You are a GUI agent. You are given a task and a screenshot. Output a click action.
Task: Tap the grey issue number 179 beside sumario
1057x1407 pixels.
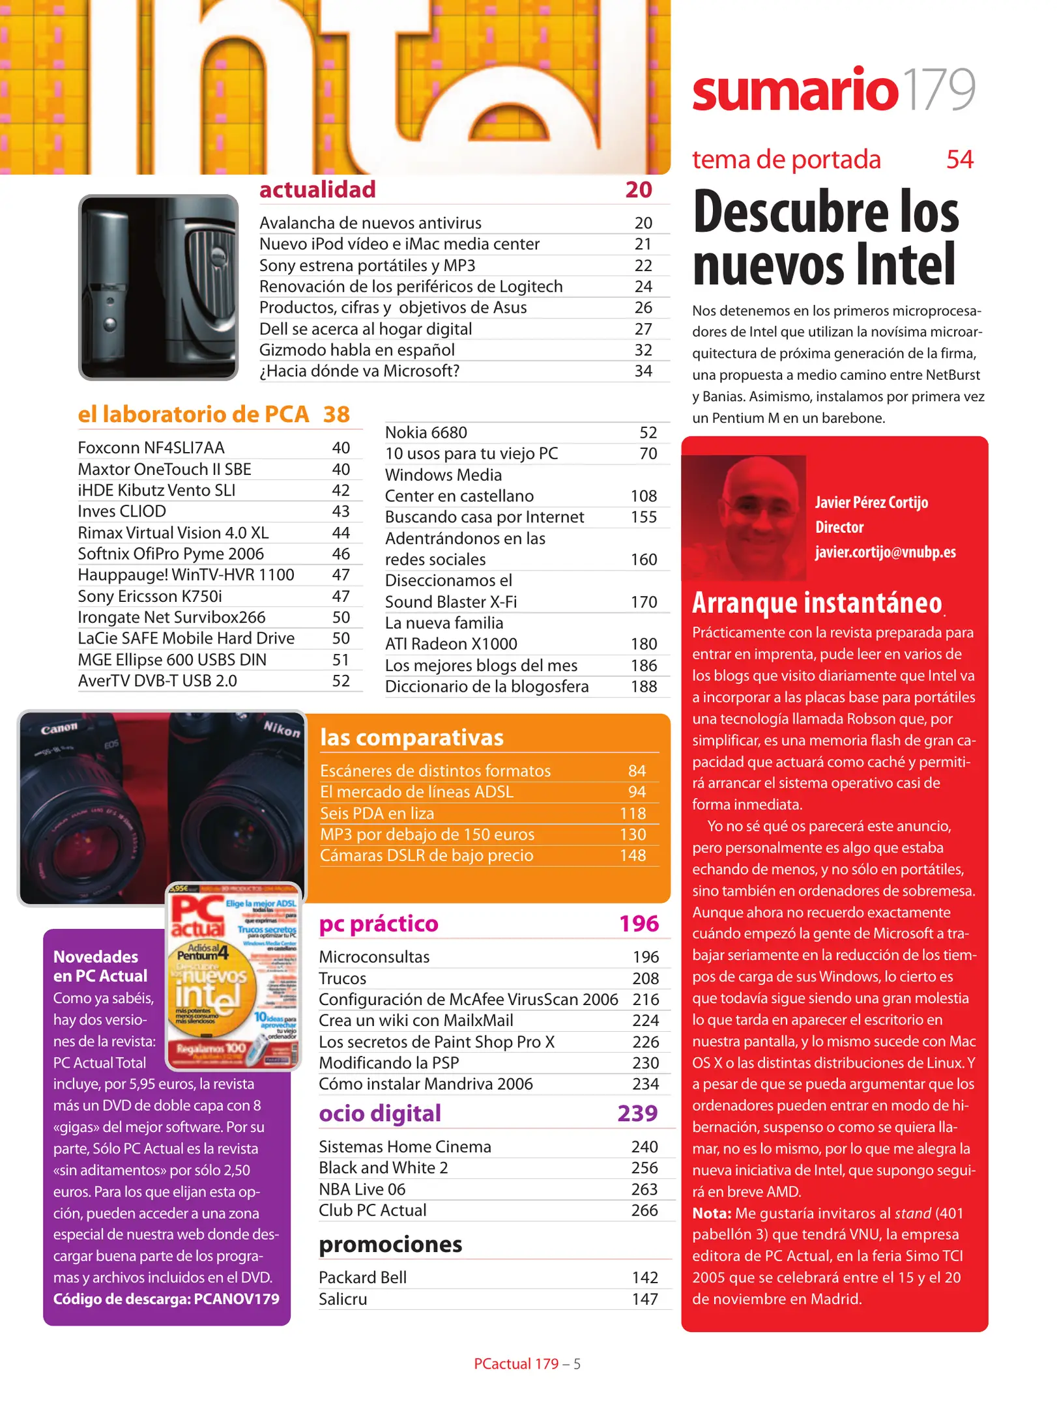pos(939,90)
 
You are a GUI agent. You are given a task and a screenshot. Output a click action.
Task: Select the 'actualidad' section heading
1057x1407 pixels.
pos(317,190)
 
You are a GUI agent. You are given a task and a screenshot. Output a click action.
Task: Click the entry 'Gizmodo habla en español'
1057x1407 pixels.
pos(356,350)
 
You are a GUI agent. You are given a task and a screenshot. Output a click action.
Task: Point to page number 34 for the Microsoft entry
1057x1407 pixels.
pos(643,371)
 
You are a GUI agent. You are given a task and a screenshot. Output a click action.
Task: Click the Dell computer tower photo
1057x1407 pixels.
pos(158,287)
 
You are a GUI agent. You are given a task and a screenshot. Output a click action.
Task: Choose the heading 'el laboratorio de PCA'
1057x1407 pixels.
pos(193,414)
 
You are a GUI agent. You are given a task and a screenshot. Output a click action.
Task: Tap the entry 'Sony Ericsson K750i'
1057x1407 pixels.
pos(150,596)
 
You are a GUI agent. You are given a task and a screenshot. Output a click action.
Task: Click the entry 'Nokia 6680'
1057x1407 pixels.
pos(426,433)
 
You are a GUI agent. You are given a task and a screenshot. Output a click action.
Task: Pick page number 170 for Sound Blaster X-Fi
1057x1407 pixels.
pos(643,602)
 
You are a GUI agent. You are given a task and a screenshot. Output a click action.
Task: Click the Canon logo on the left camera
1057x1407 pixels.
pos(59,728)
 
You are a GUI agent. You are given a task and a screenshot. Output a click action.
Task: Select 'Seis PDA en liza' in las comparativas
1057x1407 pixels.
pos(377,814)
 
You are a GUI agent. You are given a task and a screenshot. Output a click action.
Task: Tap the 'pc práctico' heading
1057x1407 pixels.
pos(379,924)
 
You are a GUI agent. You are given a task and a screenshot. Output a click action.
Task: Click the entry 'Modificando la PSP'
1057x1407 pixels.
pos(388,1063)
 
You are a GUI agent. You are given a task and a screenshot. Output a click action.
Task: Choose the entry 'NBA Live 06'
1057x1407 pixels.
pos(362,1189)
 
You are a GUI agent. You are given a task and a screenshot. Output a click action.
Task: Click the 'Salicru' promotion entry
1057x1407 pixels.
pos(343,1300)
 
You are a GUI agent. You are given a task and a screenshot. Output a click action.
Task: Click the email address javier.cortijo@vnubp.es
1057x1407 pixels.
pos(885,552)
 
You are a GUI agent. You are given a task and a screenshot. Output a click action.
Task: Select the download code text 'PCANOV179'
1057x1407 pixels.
pos(237,1299)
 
